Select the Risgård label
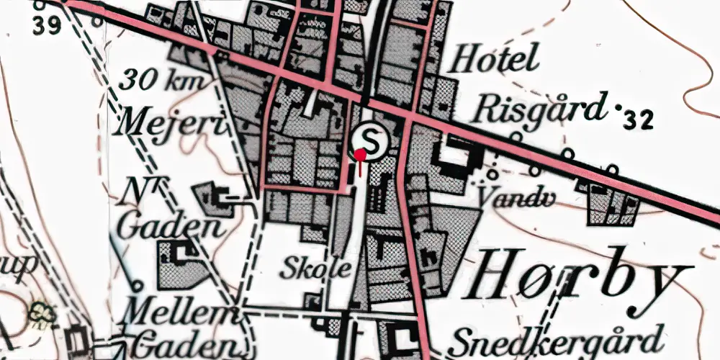pyautogui.click(x=537, y=110)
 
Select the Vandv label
pyautogui.click(x=508, y=192)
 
